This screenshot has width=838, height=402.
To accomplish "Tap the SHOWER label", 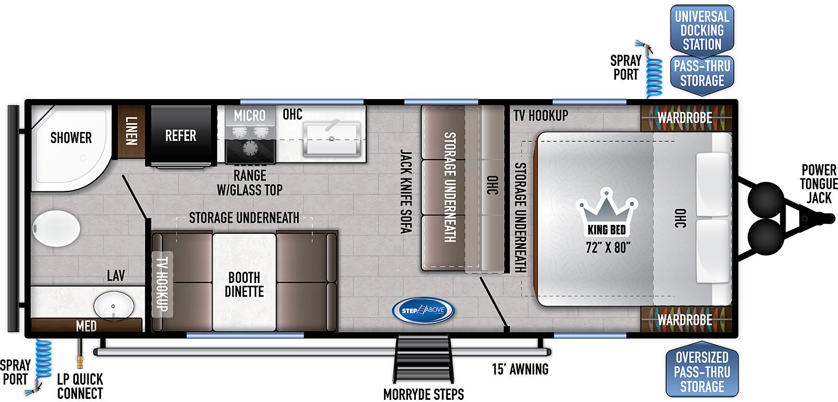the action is click(x=71, y=138).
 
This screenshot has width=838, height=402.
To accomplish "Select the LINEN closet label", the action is click(x=131, y=131).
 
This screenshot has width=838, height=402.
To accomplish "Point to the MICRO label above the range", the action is click(x=249, y=116).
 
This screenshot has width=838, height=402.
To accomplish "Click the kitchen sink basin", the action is click(x=332, y=139).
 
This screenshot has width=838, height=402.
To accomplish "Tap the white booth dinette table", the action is click(x=244, y=282).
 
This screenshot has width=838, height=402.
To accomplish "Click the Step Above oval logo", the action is click(x=423, y=310).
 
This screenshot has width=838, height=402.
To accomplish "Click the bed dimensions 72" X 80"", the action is click(x=608, y=247).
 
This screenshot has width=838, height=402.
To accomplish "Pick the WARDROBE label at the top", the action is click(x=685, y=118).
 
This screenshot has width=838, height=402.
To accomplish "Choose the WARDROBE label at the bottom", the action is click(x=685, y=320).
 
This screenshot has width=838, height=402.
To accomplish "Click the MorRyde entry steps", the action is click(x=423, y=360).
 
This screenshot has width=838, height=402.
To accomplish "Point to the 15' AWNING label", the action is click(x=520, y=370).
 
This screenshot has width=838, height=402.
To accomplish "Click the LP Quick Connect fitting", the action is click(x=79, y=354).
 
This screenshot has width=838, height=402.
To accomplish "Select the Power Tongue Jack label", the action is click(x=818, y=184).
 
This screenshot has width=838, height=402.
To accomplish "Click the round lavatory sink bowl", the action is click(x=113, y=305).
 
